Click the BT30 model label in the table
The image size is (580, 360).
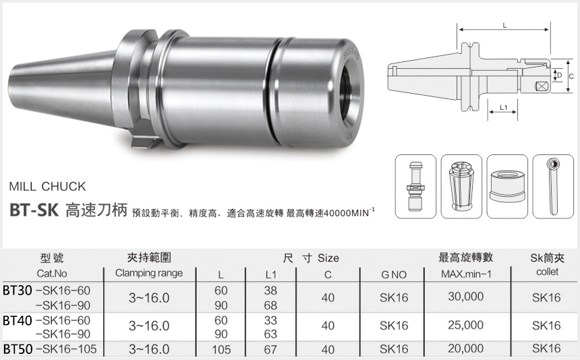(x=18, y=290)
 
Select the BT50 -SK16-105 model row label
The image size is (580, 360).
(x=50, y=349)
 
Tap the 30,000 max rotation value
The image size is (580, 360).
(x=465, y=297)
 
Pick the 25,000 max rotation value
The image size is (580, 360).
(x=465, y=326)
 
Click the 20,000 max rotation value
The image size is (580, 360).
(x=465, y=349)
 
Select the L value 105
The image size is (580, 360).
(x=221, y=349)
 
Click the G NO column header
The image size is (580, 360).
(x=394, y=274)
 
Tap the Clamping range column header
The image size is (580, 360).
(x=149, y=273)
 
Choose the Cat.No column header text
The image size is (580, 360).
(x=53, y=274)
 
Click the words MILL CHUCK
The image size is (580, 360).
(x=48, y=186)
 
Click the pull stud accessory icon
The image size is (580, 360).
(x=413, y=185)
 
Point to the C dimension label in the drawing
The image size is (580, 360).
(x=571, y=77)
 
